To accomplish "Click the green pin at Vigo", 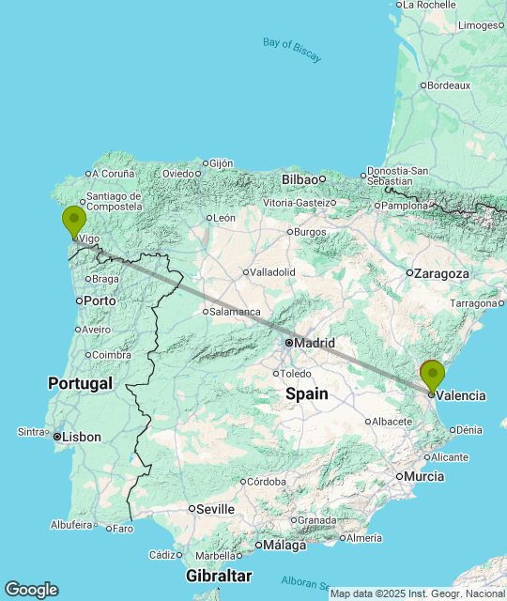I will pyautogui.click(x=73, y=222).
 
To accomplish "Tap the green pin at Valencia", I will pyautogui.click(x=432, y=376).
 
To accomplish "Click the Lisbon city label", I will pyautogui.click(x=82, y=438).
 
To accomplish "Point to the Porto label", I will pyautogui.click(x=99, y=301).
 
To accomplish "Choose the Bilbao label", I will pyautogui.click(x=300, y=178).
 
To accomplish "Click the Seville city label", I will pyautogui.click(x=216, y=509).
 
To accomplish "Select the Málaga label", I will pyautogui.click(x=284, y=545).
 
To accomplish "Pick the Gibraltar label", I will pyautogui.click(x=218, y=575).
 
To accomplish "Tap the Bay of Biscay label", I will pyautogui.click(x=292, y=50).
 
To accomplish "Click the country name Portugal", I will pyautogui.click(x=80, y=383).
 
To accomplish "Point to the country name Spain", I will pyautogui.click(x=307, y=393).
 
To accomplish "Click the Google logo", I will pyautogui.click(x=31, y=590).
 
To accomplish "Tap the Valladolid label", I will pyautogui.click(x=272, y=272).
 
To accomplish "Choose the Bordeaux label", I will pyautogui.click(x=449, y=85).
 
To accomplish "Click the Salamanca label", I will pyautogui.click(x=235, y=312).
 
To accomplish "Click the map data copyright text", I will pyautogui.click(x=417, y=593).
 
